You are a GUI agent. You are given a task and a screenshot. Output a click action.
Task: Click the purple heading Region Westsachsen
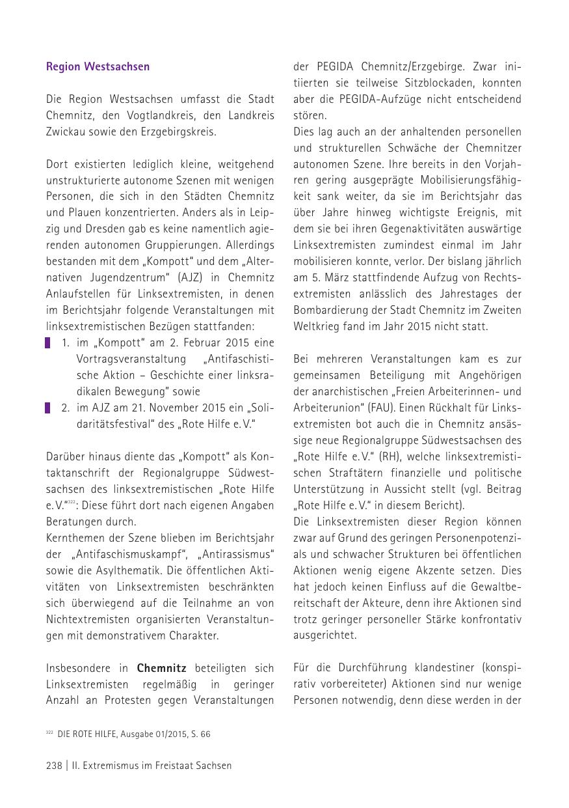point(98,66)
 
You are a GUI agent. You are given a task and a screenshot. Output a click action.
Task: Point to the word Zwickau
point(65,132)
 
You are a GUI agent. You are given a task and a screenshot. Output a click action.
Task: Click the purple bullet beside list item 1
point(47,343)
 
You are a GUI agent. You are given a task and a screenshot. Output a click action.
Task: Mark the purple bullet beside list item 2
point(47,408)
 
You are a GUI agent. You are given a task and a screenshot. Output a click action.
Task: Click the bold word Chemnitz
point(161,669)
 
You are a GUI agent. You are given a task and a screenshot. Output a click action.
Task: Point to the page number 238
point(55,766)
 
